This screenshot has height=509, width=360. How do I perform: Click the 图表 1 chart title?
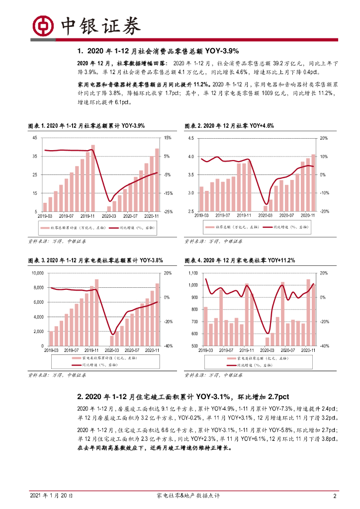click(x=86, y=126)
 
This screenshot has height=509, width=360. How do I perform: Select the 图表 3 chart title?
click(x=95, y=260)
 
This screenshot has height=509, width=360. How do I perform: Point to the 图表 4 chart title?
click(x=240, y=260)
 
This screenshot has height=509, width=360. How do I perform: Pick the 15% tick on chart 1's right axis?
click(x=168, y=138)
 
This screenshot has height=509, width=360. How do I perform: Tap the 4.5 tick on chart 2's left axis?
click(x=191, y=138)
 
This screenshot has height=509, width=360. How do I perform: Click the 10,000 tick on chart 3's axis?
click(x=38, y=273)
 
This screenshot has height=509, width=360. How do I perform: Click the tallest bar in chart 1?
click(x=92, y=177)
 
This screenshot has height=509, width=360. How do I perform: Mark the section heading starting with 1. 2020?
click(x=159, y=51)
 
